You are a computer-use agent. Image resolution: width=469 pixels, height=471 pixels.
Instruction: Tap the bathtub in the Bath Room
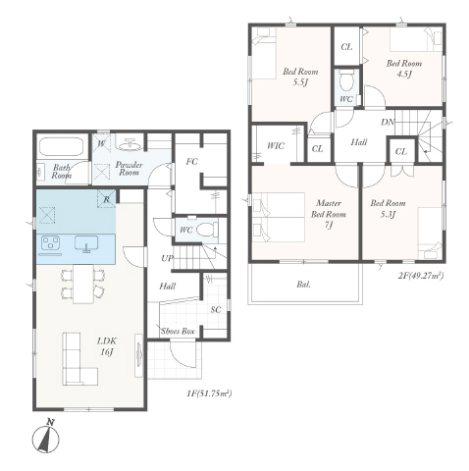61,147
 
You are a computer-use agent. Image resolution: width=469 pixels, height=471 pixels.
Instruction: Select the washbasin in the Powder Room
130,144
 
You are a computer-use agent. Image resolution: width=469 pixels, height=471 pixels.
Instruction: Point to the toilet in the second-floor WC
346,80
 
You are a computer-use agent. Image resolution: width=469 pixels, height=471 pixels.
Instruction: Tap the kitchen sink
86,243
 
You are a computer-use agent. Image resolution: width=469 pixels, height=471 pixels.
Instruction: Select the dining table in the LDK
83,284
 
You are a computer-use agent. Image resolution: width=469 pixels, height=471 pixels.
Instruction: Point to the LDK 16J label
107,346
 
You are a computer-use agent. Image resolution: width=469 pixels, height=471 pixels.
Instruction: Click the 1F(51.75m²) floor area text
209,393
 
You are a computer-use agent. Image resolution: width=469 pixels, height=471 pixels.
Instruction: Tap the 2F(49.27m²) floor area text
421,276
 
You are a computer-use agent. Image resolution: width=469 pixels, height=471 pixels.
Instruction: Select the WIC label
276,146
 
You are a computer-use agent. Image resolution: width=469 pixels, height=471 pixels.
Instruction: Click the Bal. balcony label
304,285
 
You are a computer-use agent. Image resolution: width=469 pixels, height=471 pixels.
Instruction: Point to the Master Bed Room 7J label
329,214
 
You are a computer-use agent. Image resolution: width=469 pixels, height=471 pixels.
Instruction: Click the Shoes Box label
178,331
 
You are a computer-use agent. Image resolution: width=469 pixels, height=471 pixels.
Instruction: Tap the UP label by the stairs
167,258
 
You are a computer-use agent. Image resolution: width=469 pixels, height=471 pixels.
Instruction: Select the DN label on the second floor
388,123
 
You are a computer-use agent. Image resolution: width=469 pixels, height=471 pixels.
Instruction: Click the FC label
192,162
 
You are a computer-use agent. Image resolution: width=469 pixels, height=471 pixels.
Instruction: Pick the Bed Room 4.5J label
404,68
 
